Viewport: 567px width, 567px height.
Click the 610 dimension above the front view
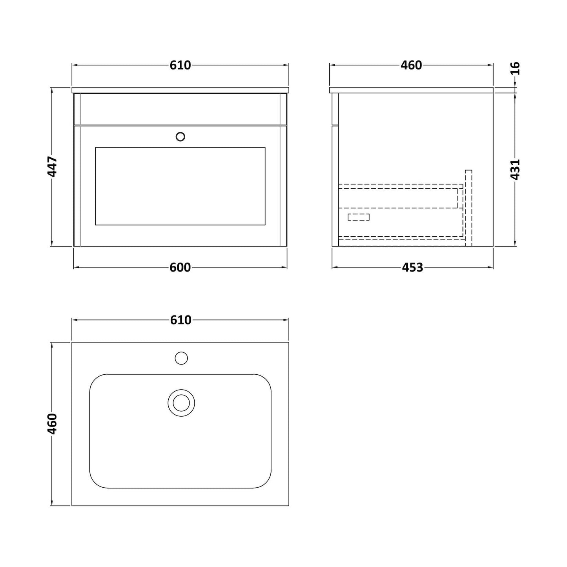180,65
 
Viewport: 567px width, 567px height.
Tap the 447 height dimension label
52,166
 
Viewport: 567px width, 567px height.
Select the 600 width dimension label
180,268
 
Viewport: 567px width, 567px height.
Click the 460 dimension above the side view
411,65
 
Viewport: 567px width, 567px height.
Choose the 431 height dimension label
515,170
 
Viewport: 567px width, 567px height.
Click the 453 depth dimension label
412,268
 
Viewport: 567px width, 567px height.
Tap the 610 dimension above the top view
180,320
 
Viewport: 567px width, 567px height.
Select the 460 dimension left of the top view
52,424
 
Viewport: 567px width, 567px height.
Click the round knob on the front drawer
180,137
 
